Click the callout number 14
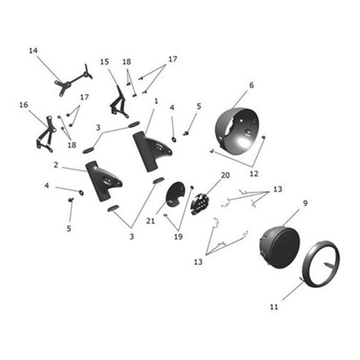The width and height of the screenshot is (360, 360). [34, 50]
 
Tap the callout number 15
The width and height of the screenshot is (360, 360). [105, 62]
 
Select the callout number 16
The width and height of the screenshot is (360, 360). [24, 104]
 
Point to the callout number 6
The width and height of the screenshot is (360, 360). [251, 85]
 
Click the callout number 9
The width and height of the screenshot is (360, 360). [305, 204]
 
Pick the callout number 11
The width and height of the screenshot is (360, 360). [274, 306]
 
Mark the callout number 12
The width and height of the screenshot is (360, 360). [254, 173]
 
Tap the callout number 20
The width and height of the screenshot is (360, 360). [225, 175]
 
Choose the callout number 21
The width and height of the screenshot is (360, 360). [150, 221]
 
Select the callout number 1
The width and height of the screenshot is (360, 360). [156, 101]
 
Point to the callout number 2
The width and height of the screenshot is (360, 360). [56, 165]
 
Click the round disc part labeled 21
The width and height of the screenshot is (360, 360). [174, 194]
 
